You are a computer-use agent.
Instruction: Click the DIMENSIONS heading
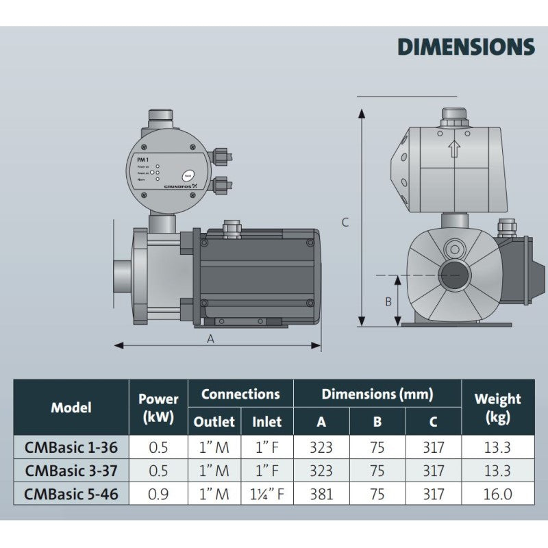point(466,47)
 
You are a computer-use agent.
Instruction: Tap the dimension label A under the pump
point(211,338)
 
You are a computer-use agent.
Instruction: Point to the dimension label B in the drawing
point(388,301)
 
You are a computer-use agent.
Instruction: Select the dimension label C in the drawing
point(345,222)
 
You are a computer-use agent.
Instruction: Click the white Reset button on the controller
point(188,175)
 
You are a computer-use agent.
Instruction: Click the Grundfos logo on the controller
point(180,186)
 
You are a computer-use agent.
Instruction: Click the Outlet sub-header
point(214,422)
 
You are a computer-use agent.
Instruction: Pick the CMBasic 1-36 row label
point(71,448)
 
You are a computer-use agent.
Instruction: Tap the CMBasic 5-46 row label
point(71,494)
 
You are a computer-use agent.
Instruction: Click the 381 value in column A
point(321,494)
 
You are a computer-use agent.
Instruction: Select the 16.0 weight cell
point(497,494)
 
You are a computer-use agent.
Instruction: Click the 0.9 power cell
point(158,494)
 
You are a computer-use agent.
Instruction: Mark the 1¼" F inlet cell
point(267,494)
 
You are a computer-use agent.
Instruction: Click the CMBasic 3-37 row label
point(71,471)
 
